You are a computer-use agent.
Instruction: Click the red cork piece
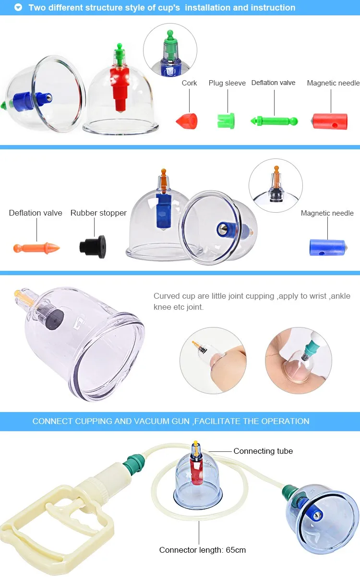187,120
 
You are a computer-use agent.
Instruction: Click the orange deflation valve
36,248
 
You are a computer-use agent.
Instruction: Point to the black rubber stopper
93,246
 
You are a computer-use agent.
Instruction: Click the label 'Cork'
189,83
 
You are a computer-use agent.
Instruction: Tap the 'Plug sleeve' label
227,83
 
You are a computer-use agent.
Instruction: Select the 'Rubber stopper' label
98,213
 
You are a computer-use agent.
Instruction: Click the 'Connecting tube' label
263,451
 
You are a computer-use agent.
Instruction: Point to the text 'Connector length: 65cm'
203,550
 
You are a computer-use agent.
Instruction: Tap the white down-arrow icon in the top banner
18,8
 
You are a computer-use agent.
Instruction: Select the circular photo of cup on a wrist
213,360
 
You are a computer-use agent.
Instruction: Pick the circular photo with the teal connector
299,360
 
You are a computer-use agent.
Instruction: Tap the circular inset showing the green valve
170,50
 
